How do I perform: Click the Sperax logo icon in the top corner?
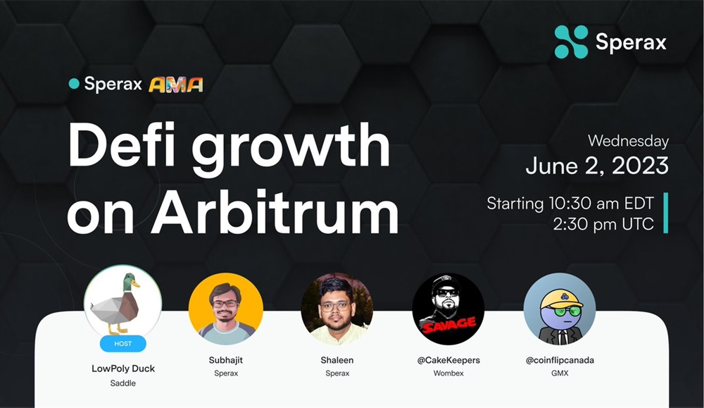(x=571, y=42)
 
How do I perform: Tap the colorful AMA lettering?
(x=175, y=85)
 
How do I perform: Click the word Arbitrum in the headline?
(x=275, y=211)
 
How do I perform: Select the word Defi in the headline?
(x=121, y=144)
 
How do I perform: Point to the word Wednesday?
(x=628, y=141)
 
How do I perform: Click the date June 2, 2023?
(x=597, y=166)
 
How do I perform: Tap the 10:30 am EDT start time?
(x=601, y=204)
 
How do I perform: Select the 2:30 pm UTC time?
(x=603, y=224)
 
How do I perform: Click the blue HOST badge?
(x=123, y=344)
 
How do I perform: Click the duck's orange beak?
(x=134, y=284)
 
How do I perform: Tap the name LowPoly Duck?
(x=123, y=369)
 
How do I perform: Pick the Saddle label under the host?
(x=123, y=383)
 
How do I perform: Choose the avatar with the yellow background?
(x=226, y=309)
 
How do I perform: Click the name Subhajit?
(x=226, y=360)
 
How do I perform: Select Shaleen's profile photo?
(x=337, y=309)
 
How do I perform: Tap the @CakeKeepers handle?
(x=448, y=360)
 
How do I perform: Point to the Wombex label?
(x=448, y=373)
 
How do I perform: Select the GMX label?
(x=560, y=373)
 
